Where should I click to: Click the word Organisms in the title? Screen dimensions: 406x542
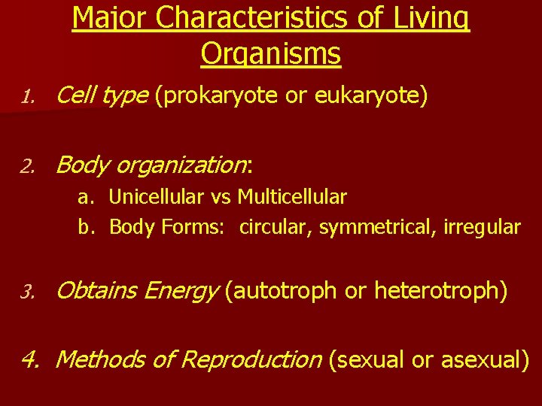coord(271,53)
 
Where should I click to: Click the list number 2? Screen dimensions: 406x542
coord(28,165)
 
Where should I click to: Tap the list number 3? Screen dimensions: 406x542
coord(28,291)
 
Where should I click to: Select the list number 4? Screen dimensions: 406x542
coord(29,360)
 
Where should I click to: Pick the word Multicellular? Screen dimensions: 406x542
coord(292,198)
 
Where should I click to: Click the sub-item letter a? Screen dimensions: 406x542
coord(86,198)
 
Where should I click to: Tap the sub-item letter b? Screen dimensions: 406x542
coord(86,227)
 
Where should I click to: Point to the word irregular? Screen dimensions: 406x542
coord(482,227)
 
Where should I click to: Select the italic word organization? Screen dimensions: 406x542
coord(181,165)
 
